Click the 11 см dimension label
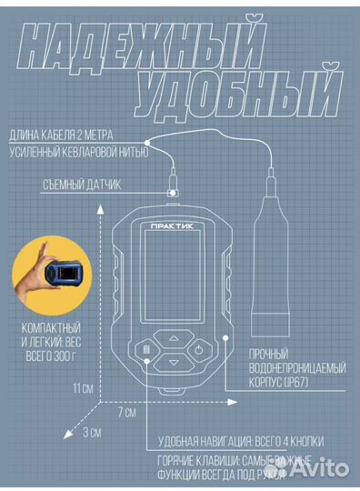82,388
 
